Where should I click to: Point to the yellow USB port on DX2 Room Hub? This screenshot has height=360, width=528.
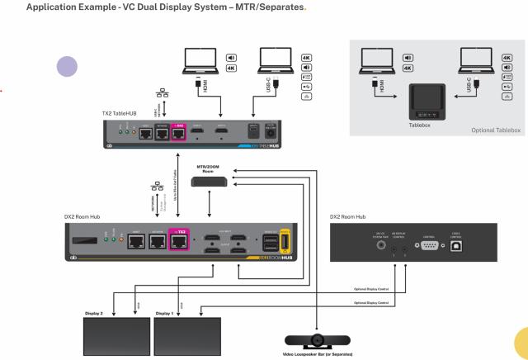[x=285, y=242]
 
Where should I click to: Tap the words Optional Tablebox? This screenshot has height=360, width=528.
[x=493, y=130]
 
